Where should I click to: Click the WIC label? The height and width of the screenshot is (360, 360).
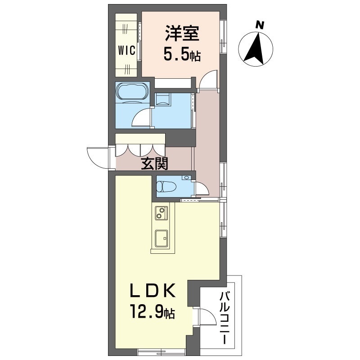(x=126, y=50)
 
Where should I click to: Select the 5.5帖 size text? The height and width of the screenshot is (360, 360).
(x=182, y=55)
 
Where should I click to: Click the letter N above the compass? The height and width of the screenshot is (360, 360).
(x=260, y=25)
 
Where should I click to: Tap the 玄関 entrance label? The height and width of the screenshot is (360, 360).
(x=154, y=163)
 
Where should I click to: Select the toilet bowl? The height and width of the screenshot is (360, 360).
(x=166, y=186)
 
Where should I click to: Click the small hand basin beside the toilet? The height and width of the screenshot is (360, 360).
(x=185, y=178)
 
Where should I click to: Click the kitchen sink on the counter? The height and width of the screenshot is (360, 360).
(x=162, y=238)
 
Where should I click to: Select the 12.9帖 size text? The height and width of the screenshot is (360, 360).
(x=153, y=311)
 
